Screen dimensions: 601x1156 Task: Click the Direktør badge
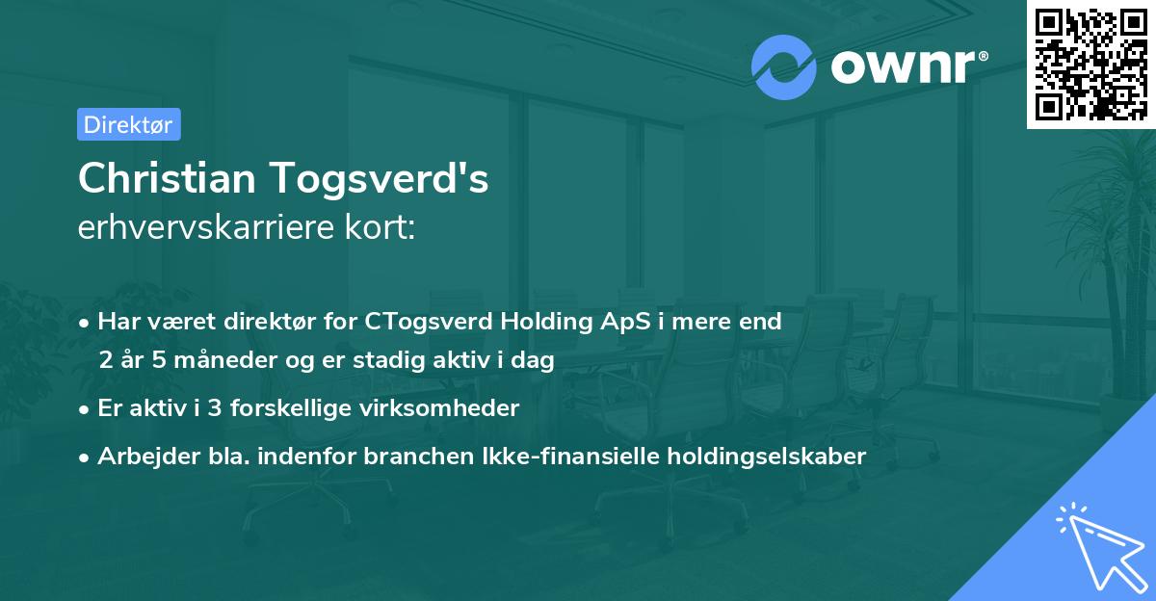click(128, 124)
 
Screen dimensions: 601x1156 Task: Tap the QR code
click(1090, 64)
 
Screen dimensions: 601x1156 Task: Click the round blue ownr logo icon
click(783, 66)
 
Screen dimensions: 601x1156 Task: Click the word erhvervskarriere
click(200, 228)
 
